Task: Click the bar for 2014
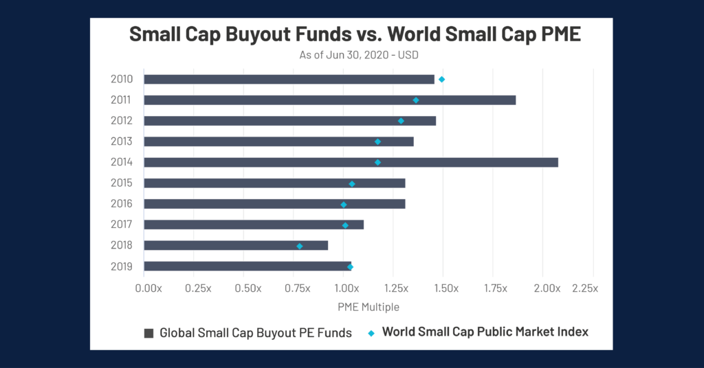click(x=351, y=163)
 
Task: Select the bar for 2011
click(x=329, y=100)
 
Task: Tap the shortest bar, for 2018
click(x=236, y=246)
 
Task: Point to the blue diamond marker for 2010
click(x=442, y=80)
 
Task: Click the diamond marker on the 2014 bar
click(x=377, y=163)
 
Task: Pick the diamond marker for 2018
click(x=300, y=246)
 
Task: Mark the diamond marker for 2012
click(x=401, y=121)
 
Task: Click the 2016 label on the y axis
click(x=122, y=204)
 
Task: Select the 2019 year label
click(x=122, y=266)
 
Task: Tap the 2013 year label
click(x=122, y=141)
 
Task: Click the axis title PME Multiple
click(x=368, y=307)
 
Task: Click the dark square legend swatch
click(x=148, y=333)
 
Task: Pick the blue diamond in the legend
click(x=372, y=333)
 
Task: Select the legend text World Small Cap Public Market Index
click(x=485, y=332)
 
